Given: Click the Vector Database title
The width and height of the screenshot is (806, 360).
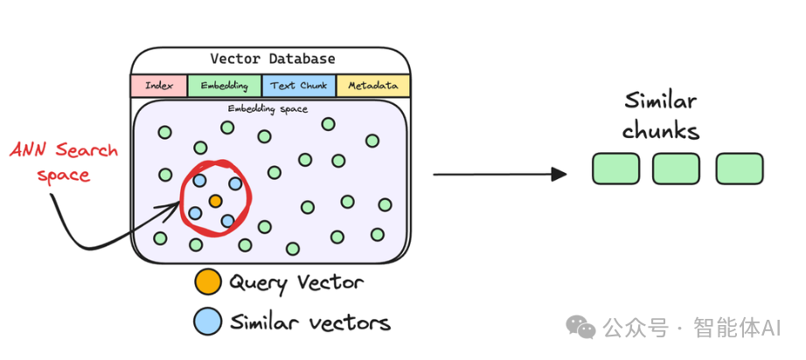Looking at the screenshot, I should click(x=272, y=59).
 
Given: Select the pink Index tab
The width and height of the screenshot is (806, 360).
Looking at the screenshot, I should click(x=158, y=86).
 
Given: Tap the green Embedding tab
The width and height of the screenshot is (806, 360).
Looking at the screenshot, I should click(x=224, y=86).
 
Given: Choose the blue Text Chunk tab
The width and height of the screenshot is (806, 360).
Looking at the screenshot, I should click(x=298, y=86).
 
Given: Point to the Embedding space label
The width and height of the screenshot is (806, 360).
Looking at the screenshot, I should click(x=268, y=109).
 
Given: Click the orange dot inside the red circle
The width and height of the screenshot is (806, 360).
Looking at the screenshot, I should click(x=215, y=201).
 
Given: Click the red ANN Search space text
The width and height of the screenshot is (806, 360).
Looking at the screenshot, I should click(x=63, y=163).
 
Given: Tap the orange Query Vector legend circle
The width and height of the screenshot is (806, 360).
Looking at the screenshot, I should click(x=207, y=282).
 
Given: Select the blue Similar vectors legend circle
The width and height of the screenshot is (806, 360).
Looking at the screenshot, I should click(x=207, y=322).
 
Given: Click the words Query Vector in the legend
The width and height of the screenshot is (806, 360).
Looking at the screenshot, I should click(x=295, y=282).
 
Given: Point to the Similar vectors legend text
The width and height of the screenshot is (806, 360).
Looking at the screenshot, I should click(x=309, y=322).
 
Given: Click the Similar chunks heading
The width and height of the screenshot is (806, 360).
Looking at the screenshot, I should click(x=660, y=115).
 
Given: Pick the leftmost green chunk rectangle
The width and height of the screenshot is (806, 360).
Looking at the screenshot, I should click(x=615, y=169).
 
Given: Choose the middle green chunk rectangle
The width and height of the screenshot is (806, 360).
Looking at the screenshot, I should click(x=676, y=169).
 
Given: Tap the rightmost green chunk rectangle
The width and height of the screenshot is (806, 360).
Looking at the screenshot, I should click(x=740, y=169).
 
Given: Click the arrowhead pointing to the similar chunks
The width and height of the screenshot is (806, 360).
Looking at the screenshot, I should click(x=559, y=174).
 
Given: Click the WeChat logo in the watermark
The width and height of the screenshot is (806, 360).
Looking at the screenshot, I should click(x=581, y=327).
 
